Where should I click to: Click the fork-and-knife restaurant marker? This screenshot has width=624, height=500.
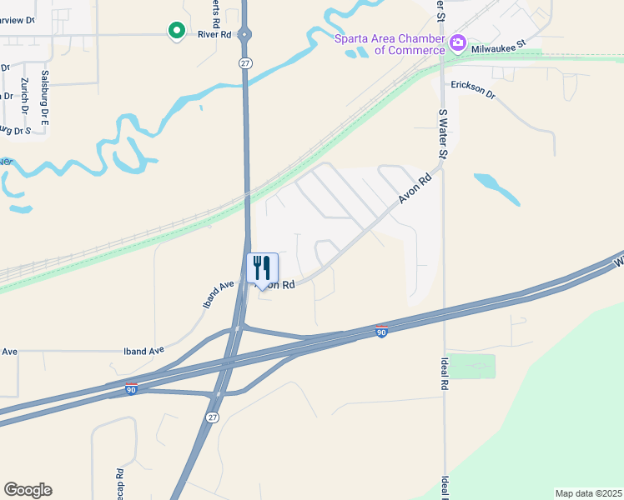pyautogui.click(x=263, y=268)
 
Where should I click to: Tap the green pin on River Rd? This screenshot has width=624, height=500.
pyautogui.click(x=177, y=31)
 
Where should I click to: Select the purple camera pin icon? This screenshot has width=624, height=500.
pyautogui.click(x=457, y=42)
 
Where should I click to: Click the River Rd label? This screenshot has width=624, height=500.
pyautogui.click(x=214, y=34)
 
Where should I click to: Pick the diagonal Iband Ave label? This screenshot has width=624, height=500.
pyautogui.click(x=219, y=294)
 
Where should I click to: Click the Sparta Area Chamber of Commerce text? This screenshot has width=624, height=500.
pyautogui.click(x=390, y=44)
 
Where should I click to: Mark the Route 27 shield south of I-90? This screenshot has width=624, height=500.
pyautogui.click(x=214, y=416)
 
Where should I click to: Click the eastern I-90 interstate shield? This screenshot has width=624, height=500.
pyautogui.click(x=381, y=332)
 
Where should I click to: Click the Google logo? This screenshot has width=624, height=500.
pyautogui.click(x=28, y=490)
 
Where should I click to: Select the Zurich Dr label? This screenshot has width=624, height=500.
pyautogui.click(x=24, y=89)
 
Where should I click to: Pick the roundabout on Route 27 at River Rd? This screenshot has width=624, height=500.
pyautogui.click(x=244, y=34)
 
